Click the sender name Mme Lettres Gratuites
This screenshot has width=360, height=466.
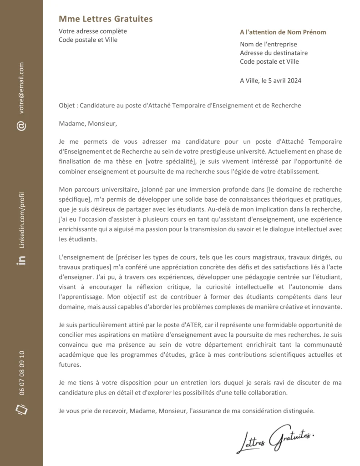(106, 19)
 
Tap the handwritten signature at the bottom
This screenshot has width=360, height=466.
(275, 440)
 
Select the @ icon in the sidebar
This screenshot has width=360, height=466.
(21, 126)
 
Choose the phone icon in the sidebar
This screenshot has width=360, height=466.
(21, 409)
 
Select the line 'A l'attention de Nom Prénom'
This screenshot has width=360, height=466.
(283, 32)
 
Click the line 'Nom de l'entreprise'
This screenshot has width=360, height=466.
(268, 44)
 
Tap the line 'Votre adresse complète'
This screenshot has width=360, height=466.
(93, 31)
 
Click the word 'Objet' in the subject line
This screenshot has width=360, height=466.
(67, 105)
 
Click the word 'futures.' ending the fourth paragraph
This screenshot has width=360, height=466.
(71, 365)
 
